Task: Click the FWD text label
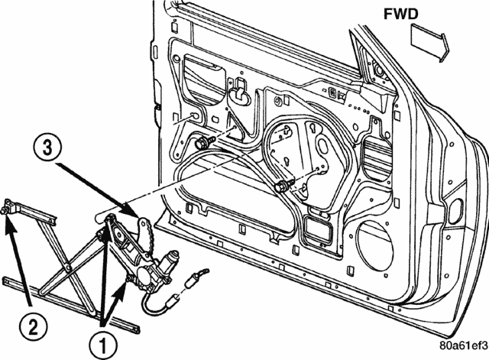400,14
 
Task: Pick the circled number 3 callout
47,148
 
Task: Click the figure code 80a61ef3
464,345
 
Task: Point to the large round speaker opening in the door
373,245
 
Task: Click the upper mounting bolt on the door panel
202,143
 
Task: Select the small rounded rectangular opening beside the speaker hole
318,230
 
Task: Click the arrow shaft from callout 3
98,188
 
